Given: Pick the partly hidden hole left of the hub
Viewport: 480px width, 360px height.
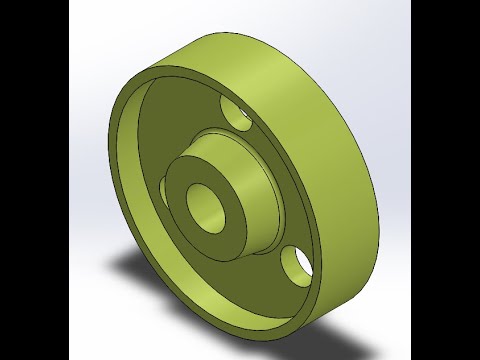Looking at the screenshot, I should [162, 187].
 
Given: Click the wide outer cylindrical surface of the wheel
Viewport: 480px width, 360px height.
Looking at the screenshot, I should [320, 120].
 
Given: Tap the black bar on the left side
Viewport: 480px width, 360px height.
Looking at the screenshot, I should [30, 180].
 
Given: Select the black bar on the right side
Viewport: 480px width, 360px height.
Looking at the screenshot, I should [445, 180].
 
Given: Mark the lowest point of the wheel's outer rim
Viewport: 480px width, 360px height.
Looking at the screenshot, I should [290, 331].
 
